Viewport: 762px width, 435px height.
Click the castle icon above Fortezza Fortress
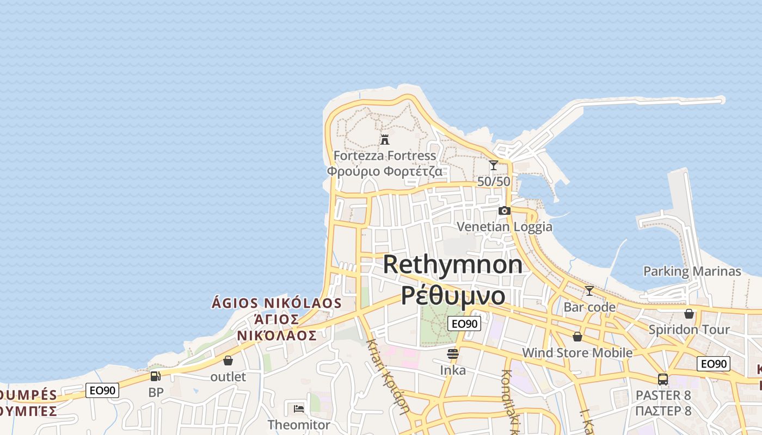(x=385, y=139)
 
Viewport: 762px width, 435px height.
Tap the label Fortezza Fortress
(x=385, y=156)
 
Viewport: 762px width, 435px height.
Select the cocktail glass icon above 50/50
(x=494, y=165)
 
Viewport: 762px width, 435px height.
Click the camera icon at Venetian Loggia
(x=505, y=210)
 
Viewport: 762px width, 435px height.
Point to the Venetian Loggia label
(x=505, y=227)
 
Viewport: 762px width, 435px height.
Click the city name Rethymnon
(x=453, y=265)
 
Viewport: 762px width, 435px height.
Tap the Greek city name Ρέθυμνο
(x=453, y=295)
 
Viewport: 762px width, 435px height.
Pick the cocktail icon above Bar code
(x=589, y=291)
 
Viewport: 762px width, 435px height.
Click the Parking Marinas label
(x=692, y=271)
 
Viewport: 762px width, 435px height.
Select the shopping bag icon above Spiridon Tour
(x=689, y=314)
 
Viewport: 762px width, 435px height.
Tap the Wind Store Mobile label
(x=577, y=353)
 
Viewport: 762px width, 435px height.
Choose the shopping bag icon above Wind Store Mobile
(x=577, y=337)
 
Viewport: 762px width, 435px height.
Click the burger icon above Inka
(x=453, y=355)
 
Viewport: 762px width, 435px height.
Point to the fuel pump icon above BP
(x=156, y=376)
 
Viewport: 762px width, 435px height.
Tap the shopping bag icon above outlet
(x=228, y=361)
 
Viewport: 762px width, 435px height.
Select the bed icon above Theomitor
(x=299, y=408)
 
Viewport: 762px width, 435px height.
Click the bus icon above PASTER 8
(x=663, y=379)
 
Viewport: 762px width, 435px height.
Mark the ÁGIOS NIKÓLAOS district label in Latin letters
(x=276, y=303)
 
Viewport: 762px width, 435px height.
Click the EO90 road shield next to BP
(x=102, y=390)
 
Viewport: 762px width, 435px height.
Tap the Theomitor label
(x=299, y=425)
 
